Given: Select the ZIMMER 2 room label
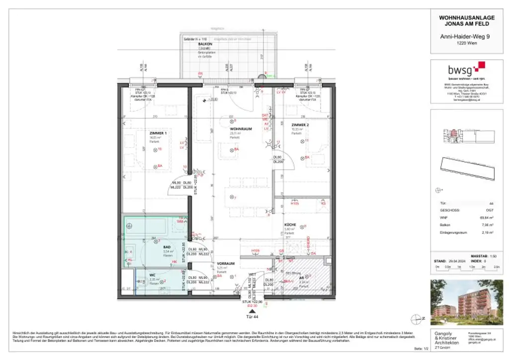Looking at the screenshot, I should click(x=300, y=125).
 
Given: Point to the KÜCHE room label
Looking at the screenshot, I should click(x=291, y=225).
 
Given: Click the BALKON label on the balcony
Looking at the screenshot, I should click(x=205, y=44).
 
